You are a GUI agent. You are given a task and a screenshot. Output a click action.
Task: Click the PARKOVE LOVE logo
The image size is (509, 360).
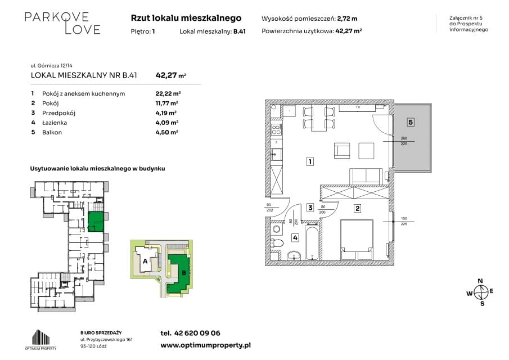[x=62, y=24]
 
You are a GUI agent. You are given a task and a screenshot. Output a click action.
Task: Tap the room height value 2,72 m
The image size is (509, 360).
[x=347, y=19]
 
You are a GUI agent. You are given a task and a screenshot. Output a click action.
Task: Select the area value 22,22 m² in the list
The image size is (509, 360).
[x=168, y=93]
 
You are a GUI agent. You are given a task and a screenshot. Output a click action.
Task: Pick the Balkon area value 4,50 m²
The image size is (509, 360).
[x=166, y=132]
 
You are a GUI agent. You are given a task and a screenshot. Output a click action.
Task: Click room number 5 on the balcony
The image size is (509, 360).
[x=411, y=123]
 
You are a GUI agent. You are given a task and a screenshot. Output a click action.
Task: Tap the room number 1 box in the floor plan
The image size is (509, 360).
[x=310, y=161]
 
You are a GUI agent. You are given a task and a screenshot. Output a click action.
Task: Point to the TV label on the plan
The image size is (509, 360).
[x=358, y=107]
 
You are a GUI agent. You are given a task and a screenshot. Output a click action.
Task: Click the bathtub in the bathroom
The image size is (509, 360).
[x=312, y=244]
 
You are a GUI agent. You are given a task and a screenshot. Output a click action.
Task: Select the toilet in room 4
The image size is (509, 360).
[x=277, y=243]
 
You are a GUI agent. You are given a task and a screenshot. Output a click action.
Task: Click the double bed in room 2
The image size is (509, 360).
[x=357, y=240]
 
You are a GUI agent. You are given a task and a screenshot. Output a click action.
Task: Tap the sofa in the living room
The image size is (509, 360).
[x=366, y=175]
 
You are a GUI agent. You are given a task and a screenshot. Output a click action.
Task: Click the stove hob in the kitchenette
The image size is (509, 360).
[x=276, y=130]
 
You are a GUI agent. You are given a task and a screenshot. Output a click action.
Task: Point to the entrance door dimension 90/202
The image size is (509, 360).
[x=269, y=208]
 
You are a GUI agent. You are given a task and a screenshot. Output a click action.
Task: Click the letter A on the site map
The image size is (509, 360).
[x=145, y=261]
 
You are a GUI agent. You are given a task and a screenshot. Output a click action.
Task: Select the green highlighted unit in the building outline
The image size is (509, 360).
[x=96, y=222]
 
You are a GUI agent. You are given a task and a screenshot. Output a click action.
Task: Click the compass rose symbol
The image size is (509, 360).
[x=480, y=292]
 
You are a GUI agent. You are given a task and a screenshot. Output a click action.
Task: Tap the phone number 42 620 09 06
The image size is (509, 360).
[x=197, y=333]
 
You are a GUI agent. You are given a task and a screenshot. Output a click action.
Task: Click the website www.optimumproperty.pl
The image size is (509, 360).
[x=205, y=345]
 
